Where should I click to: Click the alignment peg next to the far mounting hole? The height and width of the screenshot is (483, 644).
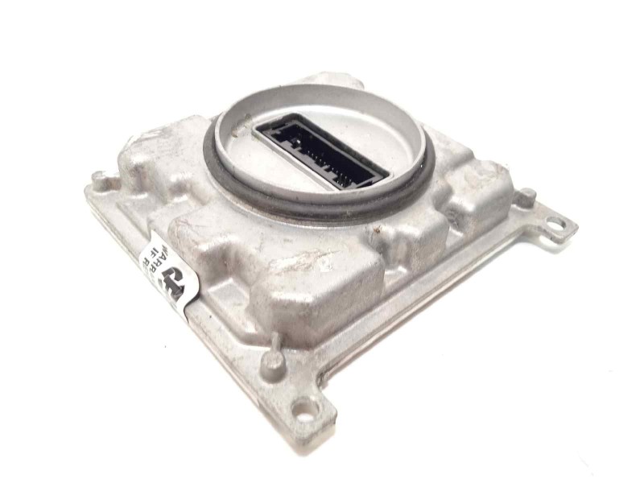click(x=524, y=196)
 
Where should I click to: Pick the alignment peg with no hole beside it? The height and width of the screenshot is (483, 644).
click(x=97, y=176)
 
